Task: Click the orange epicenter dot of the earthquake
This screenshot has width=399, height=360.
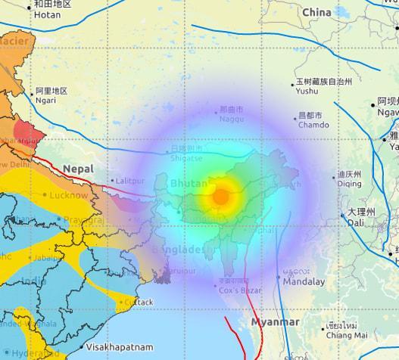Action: [x=220, y=197]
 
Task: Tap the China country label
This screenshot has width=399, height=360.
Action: [x=316, y=12]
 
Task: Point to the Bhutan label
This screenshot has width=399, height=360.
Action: [x=190, y=184]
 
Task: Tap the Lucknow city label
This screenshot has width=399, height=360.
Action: [x=69, y=195]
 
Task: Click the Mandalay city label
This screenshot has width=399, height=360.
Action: [x=304, y=281]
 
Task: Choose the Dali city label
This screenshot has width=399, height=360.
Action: [x=356, y=223]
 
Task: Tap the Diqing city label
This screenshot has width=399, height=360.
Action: [x=349, y=182]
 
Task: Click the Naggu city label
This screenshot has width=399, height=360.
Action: [x=231, y=119]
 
